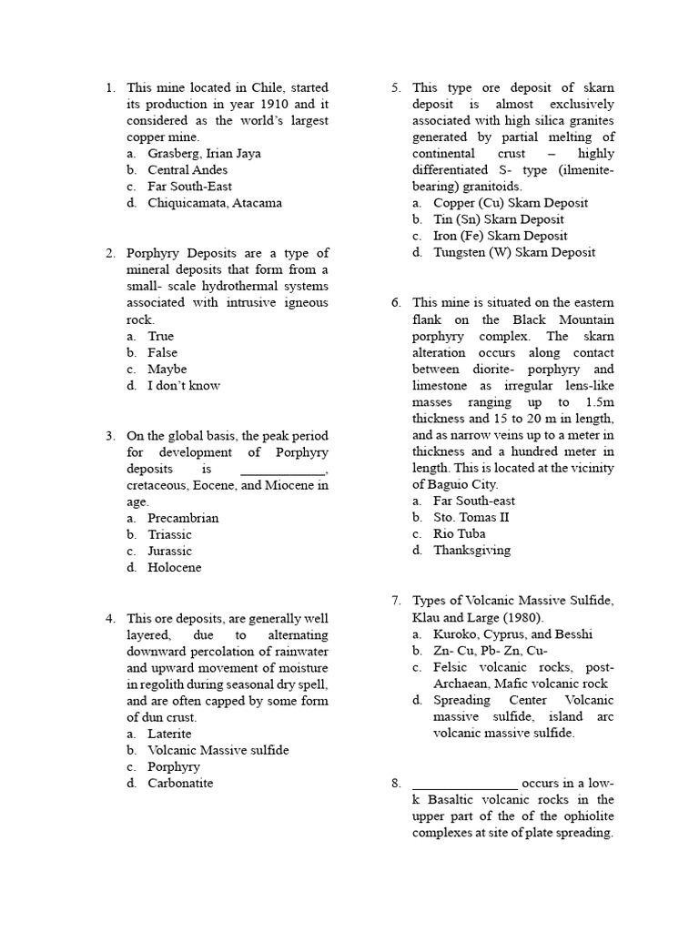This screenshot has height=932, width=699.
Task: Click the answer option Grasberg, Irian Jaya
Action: pos(204,154)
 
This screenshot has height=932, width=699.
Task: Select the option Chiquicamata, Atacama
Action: pos(215,203)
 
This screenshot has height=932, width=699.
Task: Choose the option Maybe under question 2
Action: pos(167,369)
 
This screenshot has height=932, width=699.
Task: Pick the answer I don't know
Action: pos(184,385)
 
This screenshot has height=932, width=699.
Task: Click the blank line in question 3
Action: pos(282,470)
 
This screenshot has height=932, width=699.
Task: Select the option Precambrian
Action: pos(183,518)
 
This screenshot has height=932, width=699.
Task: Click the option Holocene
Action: pos(175,567)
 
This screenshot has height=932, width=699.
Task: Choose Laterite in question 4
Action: pos(169,734)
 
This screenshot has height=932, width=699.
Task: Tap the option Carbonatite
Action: pos(180,783)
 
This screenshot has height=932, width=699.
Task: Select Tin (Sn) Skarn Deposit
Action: pos(498,219)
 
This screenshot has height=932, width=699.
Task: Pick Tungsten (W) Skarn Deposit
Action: pos(514,252)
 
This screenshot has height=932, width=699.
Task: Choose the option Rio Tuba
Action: pos(459,533)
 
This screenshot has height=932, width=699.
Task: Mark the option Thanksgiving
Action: pos(471,550)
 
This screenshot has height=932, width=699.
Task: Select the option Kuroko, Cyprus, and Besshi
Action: pos(512,634)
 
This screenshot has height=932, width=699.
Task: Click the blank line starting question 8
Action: pos(465,784)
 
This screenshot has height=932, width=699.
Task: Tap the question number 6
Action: pos(396,303)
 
